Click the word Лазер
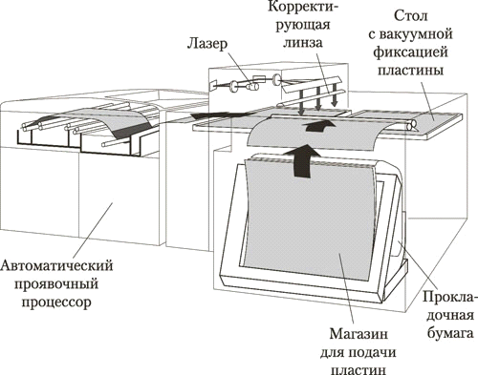pyautogui.click(x=207, y=44)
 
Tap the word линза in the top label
pyautogui.click(x=303, y=43)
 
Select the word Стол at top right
pyautogui.click(x=411, y=15)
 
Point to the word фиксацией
pyautogui.click(x=411, y=52)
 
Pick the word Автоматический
pyautogui.click(x=56, y=265)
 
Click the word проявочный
pyautogui.click(x=56, y=283)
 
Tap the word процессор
pyautogui.click(x=56, y=302)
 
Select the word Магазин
pyautogui.click(x=358, y=334)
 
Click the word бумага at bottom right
pyautogui.click(x=450, y=333)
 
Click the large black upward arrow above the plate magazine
pyautogui.click(x=303, y=160)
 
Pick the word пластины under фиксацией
pyautogui.click(x=410, y=70)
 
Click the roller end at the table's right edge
pyautogui.click(x=411, y=125)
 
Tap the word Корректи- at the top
pyautogui.click(x=302, y=7)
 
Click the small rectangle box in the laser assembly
pyautogui.click(x=259, y=78)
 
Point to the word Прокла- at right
pyautogui.click(x=450, y=297)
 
